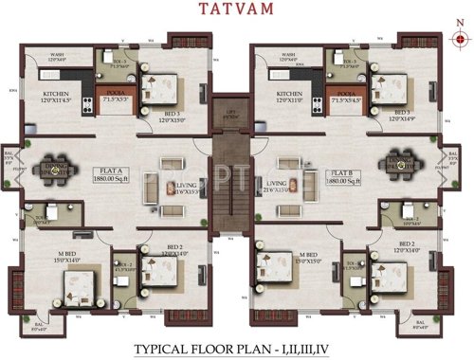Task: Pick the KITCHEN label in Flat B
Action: [x=288, y=94]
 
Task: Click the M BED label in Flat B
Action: [x=305, y=253]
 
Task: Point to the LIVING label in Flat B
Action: [x=277, y=184]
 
